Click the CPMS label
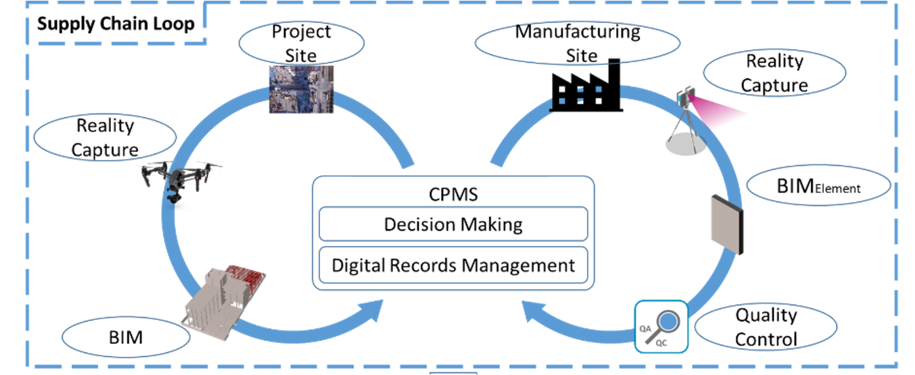coord(453,195)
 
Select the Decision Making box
coord(453,224)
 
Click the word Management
coord(518,265)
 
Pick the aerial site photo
coord(302,89)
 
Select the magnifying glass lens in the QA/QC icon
coord(668,321)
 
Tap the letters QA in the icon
coord(645,329)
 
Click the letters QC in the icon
coord(662,343)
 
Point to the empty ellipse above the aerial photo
coord(302,42)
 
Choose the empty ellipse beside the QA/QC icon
coord(766,327)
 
